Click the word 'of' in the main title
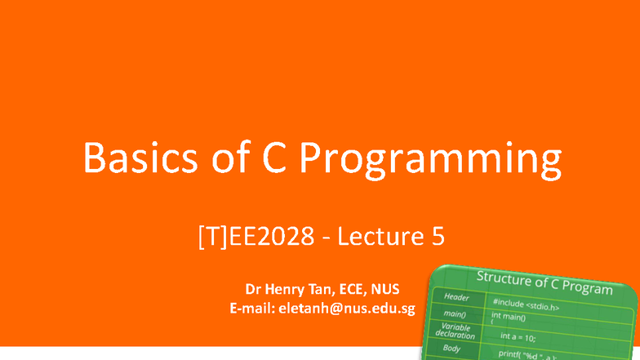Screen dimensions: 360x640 click(233, 159)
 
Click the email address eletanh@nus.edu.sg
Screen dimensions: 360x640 click(348, 309)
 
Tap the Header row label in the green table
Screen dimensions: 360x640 click(456, 298)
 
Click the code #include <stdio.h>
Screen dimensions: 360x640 click(525, 305)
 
